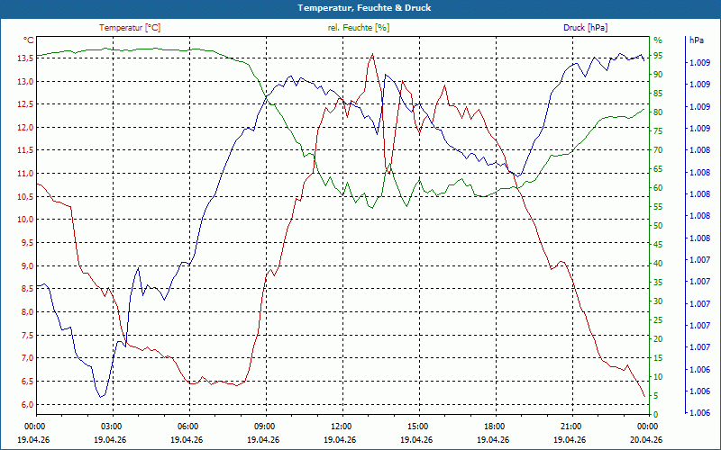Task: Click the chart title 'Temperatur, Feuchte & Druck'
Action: (x=360, y=7)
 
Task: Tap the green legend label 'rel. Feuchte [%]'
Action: (x=359, y=28)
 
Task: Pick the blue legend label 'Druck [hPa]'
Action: (x=586, y=28)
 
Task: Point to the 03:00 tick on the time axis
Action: (x=112, y=426)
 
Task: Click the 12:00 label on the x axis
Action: (x=342, y=426)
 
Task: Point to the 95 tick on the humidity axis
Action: (x=658, y=56)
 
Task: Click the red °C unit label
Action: (x=29, y=40)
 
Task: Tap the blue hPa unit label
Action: (x=697, y=40)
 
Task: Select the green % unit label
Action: (x=657, y=40)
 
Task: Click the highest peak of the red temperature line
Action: (x=372, y=54)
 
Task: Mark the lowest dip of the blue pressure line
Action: (x=101, y=396)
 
